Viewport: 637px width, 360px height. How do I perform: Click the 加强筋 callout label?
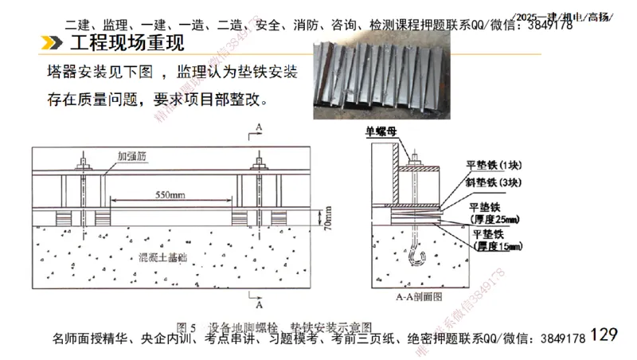click(x=131, y=157)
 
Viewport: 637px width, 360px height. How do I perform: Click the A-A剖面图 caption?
click(x=414, y=296)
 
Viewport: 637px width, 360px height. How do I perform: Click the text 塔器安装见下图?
click(x=104, y=73)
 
